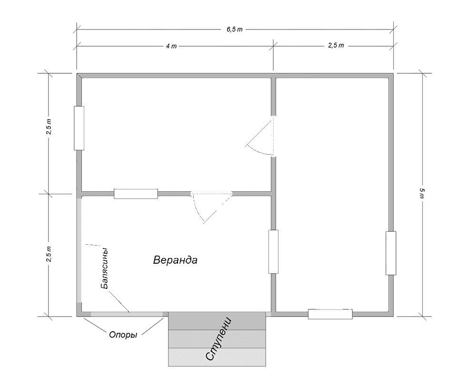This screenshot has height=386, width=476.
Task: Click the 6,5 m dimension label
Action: (x=235, y=30)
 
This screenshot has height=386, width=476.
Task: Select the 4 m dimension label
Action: (x=171, y=46)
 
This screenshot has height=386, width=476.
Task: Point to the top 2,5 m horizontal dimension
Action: (x=336, y=46)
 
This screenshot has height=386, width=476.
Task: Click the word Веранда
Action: (x=175, y=260)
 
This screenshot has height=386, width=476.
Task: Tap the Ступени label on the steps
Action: (x=218, y=339)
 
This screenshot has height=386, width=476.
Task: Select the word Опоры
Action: (x=123, y=335)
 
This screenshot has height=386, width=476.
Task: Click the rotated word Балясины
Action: (x=104, y=268)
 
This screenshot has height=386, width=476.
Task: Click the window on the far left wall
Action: (x=79, y=128)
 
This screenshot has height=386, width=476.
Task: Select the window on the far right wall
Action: (x=391, y=253)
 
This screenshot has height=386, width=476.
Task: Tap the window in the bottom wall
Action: (x=330, y=314)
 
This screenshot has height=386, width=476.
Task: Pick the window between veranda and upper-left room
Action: (x=136, y=194)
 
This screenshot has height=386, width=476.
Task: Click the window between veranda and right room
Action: (x=274, y=252)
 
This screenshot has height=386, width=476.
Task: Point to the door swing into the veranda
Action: (x=212, y=208)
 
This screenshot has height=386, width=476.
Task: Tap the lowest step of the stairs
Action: (x=217, y=357)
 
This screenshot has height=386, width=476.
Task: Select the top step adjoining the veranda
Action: (x=217, y=321)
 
